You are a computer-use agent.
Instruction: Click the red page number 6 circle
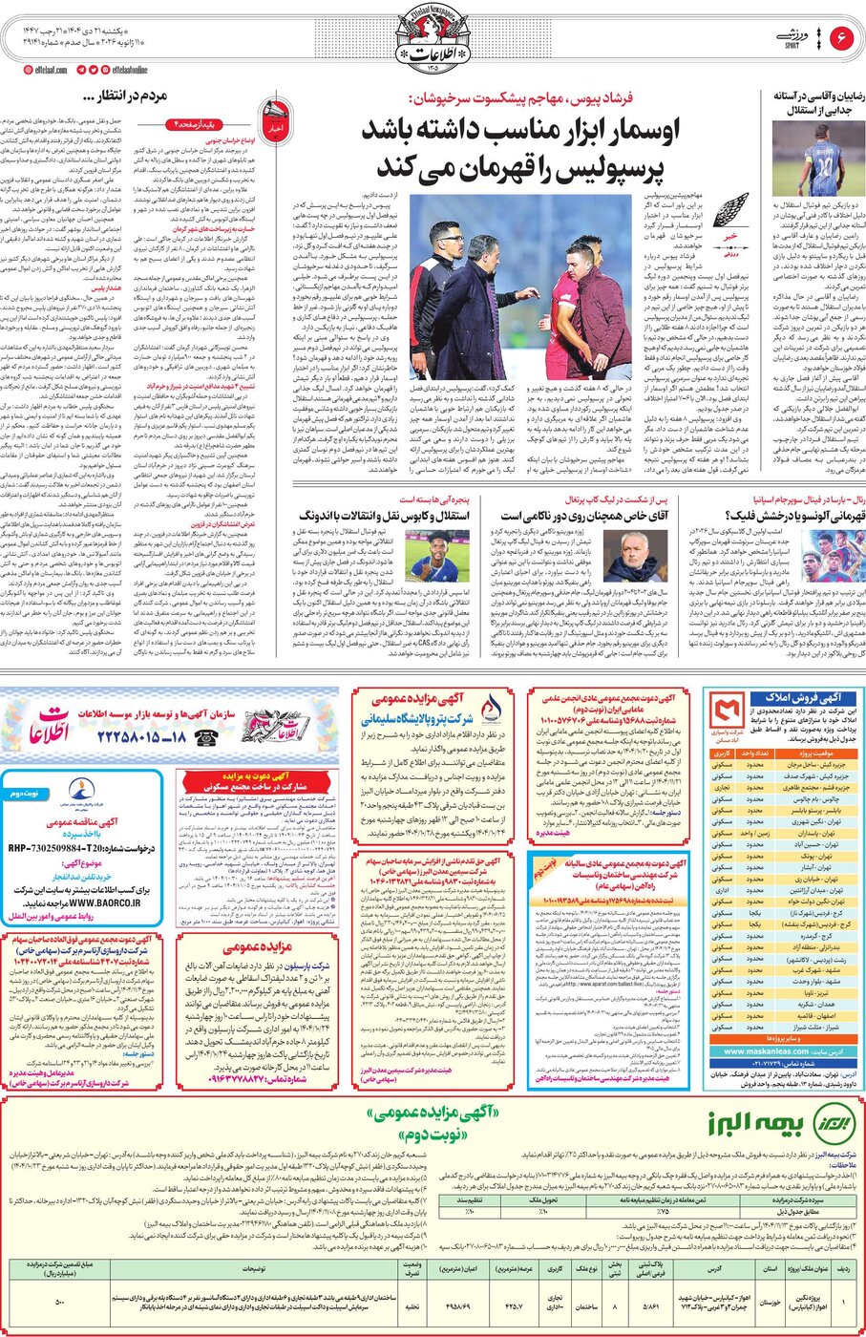coord(842,37)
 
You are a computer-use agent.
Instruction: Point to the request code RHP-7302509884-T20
coord(62,848)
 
